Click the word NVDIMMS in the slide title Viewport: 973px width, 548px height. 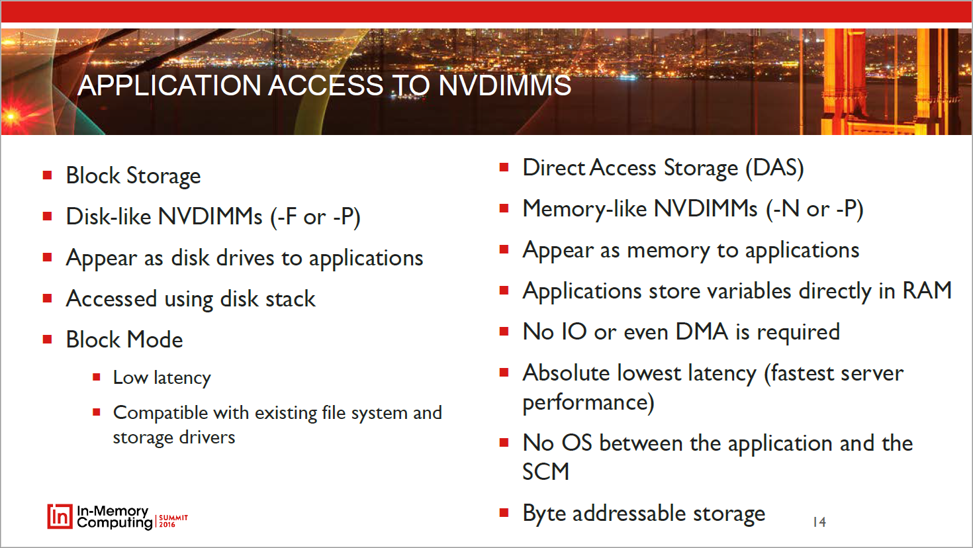tap(505, 85)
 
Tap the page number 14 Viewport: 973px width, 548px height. tap(819, 522)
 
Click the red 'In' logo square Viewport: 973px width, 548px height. tap(60, 516)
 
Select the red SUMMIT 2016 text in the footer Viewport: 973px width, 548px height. tap(173, 521)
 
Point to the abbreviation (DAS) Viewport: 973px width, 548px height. tap(774, 168)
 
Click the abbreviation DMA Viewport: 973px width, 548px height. tap(702, 332)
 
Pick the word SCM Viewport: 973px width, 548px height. tap(545, 472)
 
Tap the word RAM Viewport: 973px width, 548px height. tap(927, 291)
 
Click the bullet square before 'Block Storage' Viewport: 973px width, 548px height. tap(48, 175)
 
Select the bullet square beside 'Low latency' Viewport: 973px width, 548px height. tap(97, 377)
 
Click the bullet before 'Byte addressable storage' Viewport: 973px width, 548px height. tap(504, 514)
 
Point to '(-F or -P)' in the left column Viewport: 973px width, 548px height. tap(315, 216)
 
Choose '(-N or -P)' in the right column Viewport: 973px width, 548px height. tap(814, 209)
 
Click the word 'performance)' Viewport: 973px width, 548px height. tap(588, 402)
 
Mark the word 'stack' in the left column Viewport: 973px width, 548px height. tap(290, 298)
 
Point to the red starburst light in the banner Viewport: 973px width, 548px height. tap(12, 116)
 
